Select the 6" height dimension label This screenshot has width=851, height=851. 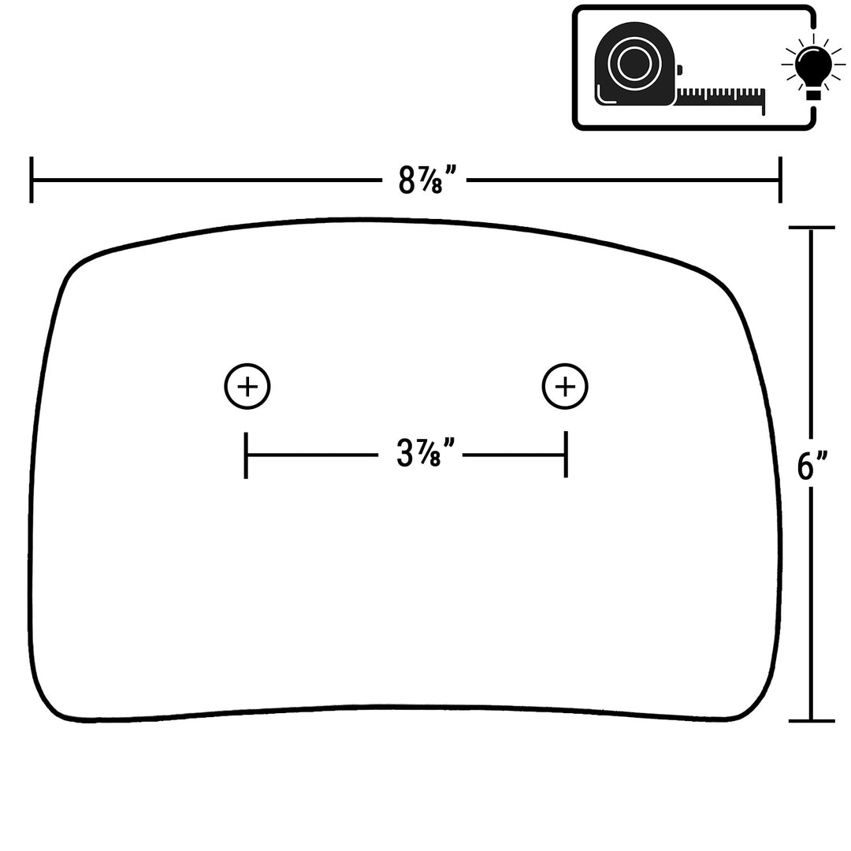point(812,466)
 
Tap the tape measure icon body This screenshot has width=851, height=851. point(635,64)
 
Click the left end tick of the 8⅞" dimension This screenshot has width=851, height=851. point(32,180)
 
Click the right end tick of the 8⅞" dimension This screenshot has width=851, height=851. point(780,180)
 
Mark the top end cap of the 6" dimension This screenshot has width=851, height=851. point(812,228)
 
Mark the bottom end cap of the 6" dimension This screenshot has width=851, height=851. point(812,721)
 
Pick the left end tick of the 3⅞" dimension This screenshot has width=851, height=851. point(247,455)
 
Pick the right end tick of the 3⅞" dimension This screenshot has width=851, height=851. point(566,455)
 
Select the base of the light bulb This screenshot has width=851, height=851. point(812,95)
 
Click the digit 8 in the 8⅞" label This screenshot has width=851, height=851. point(406,180)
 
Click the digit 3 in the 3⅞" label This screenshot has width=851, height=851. point(404,455)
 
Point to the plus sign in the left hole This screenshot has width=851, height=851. point(247,386)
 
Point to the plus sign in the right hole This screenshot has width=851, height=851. point(565,386)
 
